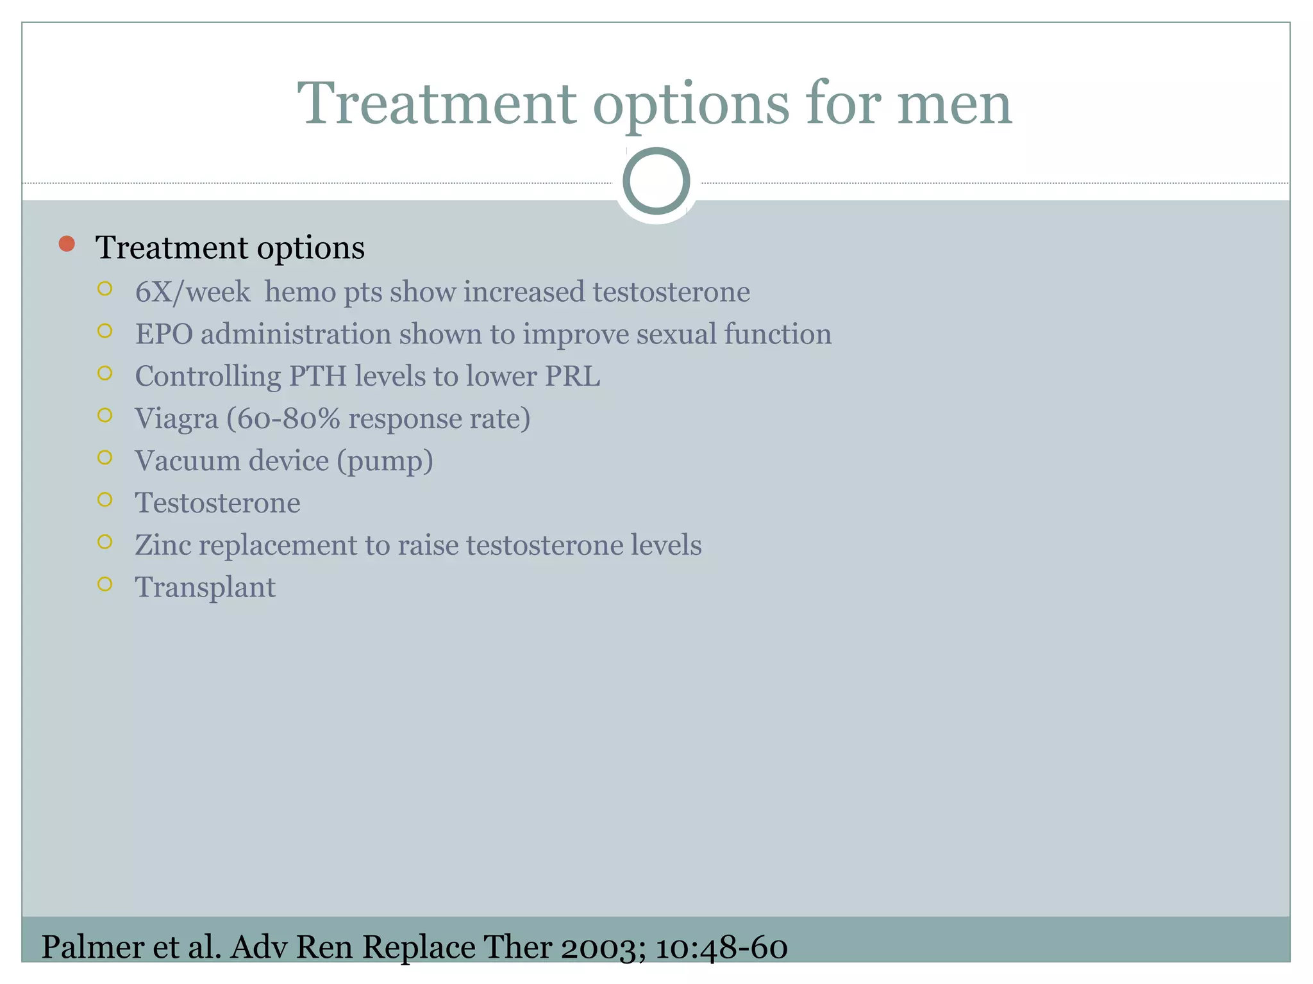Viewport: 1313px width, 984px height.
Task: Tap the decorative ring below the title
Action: pyautogui.click(x=656, y=181)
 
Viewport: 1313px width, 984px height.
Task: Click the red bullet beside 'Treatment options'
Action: pyautogui.click(x=67, y=244)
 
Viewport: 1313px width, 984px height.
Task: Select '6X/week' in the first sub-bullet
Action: pyautogui.click(x=192, y=292)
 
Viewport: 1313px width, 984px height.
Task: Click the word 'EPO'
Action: pyautogui.click(x=163, y=334)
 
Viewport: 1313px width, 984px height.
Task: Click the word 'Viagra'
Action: pyautogui.click(x=176, y=419)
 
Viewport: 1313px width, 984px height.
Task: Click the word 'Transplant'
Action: pyautogui.click(x=205, y=587)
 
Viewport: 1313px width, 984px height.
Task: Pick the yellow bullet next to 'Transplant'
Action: pyautogui.click(x=105, y=584)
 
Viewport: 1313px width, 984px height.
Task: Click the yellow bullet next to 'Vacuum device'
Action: pyautogui.click(x=105, y=457)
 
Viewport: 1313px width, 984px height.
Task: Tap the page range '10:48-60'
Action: pyautogui.click(x=721, y=947)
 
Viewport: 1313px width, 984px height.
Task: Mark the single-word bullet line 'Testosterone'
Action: pyautogui.click(x=217, y=503)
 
